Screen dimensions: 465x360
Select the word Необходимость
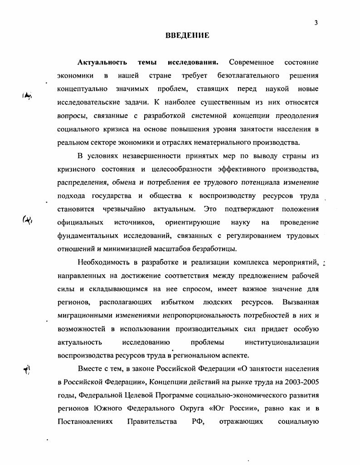(106, 263)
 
